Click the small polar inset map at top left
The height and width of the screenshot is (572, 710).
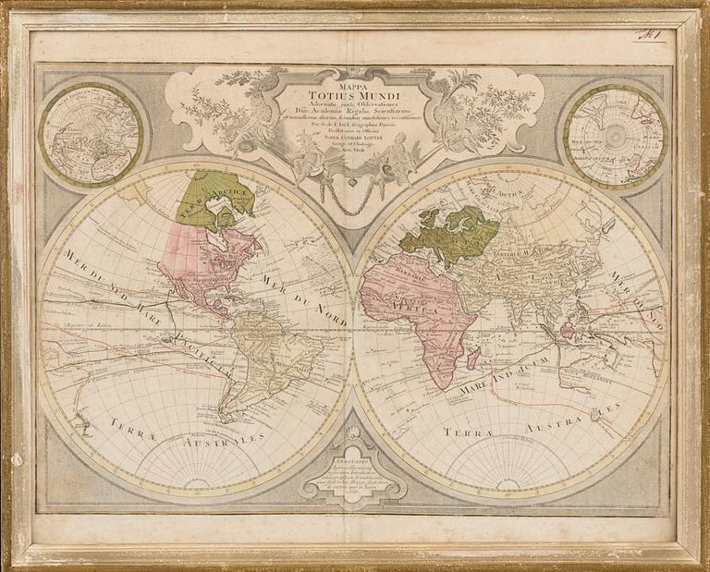90,134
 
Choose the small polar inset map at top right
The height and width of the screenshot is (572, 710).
616,135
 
